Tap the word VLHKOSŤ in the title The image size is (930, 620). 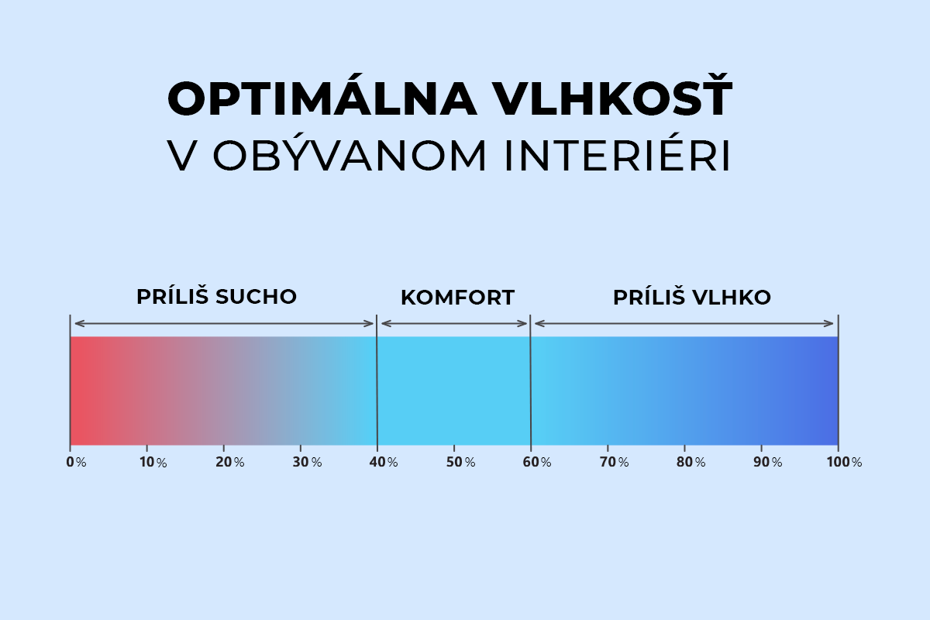[614, 95]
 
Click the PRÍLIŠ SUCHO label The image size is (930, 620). [217, 296]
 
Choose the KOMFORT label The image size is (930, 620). [457, 298]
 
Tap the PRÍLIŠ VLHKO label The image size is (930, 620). [692, 297]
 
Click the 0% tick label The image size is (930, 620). [76, 462]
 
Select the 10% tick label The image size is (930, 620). [153, 462]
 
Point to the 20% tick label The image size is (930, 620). [230, 462]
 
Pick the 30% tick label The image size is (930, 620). [307, 462]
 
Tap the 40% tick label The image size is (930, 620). [384, 462]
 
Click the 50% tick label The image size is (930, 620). [461, 462]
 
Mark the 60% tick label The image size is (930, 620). [537, 462]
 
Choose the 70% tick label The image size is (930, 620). [615, 462]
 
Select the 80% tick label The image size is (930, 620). [691, 462]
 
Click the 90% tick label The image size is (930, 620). [768, 462]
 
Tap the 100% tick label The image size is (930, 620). [845, 462]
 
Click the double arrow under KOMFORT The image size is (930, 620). [454, 323]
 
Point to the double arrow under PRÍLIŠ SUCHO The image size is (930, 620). [224, 323]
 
